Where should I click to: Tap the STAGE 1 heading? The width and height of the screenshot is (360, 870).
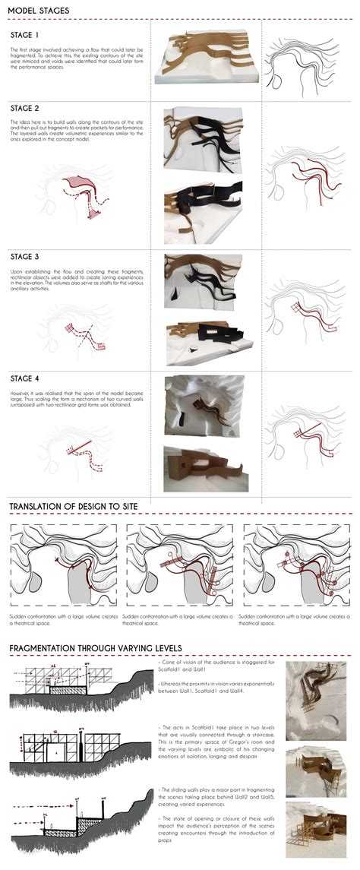tap(25, 36)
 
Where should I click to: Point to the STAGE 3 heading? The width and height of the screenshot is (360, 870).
tap(25, 258)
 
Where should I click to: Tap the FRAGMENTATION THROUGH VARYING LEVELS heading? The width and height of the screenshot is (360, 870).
tap(96, 648)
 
